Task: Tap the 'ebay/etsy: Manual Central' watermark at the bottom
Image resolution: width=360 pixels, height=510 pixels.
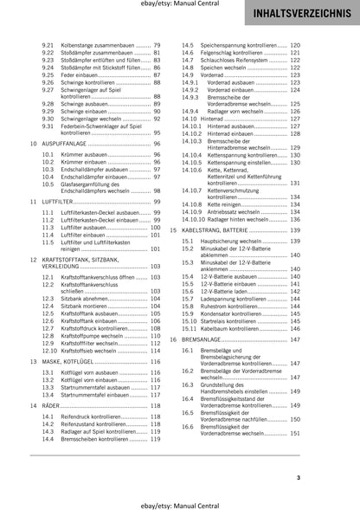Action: coord(179,500)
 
